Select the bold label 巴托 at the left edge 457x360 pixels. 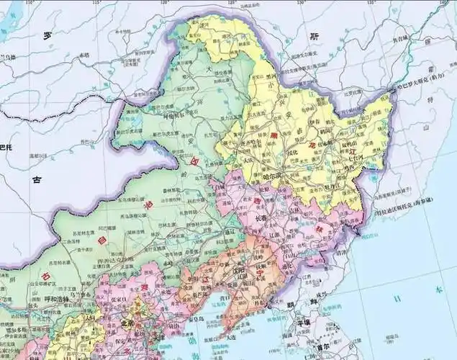tap(6, 148)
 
